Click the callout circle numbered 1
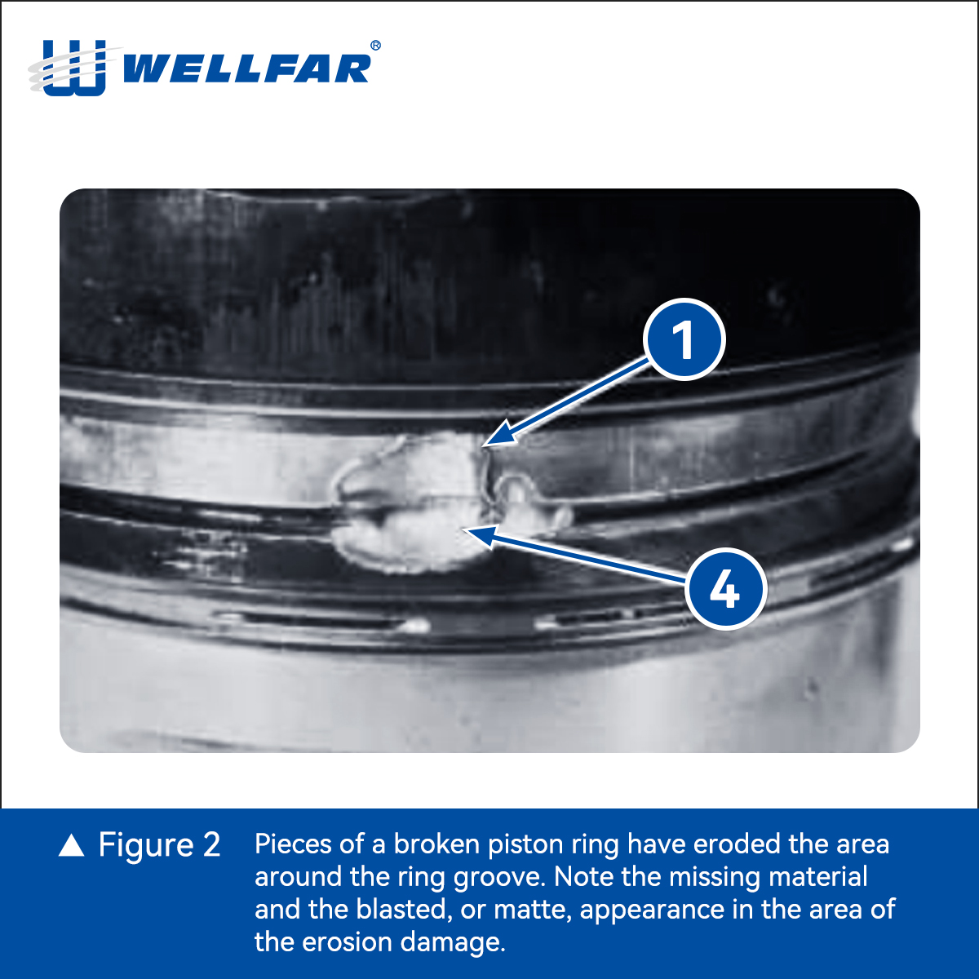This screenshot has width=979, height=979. [684, 339]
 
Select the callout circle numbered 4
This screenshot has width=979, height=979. [725, 589]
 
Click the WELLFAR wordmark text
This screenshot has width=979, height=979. [247, 68]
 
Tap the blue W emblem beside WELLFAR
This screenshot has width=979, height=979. [74, 68]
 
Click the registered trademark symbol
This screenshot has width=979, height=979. [376, 45]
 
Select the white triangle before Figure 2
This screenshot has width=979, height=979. [71, 845]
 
